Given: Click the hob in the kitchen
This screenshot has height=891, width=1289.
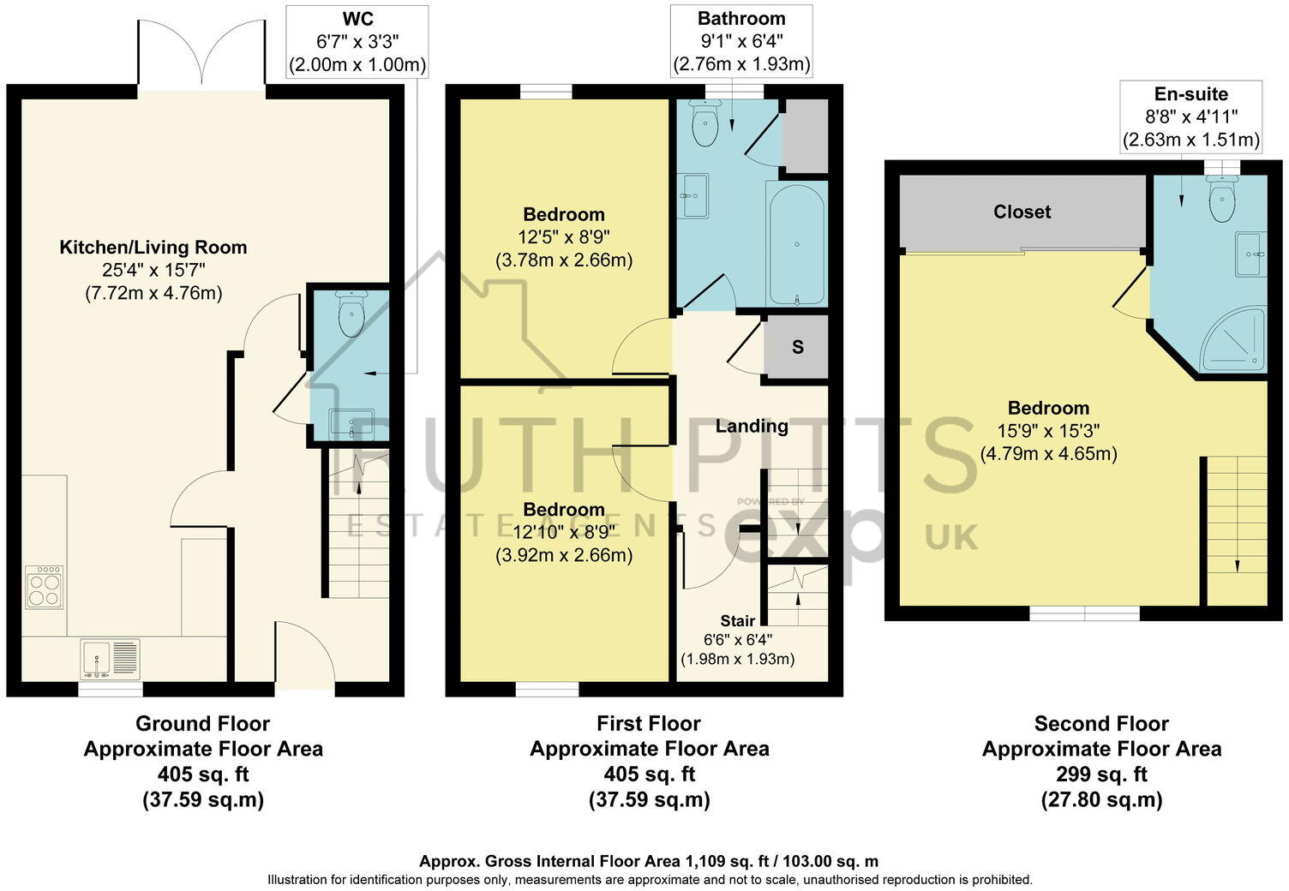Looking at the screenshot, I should pos(44,587).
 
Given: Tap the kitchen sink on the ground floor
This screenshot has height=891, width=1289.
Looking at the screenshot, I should pos(110,659).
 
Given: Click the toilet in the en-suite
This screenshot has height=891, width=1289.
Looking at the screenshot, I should pos(1220,201).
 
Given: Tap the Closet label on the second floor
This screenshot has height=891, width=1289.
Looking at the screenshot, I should pos(1022,212).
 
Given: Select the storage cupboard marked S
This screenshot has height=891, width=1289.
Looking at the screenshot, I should pos(797,347).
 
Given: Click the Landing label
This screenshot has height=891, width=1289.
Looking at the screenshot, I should pos(752,426).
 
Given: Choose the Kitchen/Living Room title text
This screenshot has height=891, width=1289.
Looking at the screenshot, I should pos(153,248).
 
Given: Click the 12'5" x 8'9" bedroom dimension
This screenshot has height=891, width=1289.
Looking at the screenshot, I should pos(564,237).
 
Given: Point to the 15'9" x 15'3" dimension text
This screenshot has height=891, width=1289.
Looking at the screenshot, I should pos(1048,431).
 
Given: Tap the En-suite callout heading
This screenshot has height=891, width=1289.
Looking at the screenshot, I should pos(1190,94).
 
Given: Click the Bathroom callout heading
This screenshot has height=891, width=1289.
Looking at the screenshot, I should pos(740,18).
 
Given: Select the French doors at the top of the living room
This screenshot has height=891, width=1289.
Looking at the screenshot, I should pos(201,56).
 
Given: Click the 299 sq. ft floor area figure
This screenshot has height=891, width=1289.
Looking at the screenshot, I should pos(1101,774).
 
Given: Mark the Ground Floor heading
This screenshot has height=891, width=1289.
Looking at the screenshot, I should pos(202,724).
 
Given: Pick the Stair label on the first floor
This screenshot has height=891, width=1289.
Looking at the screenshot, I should pos(737,620).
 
